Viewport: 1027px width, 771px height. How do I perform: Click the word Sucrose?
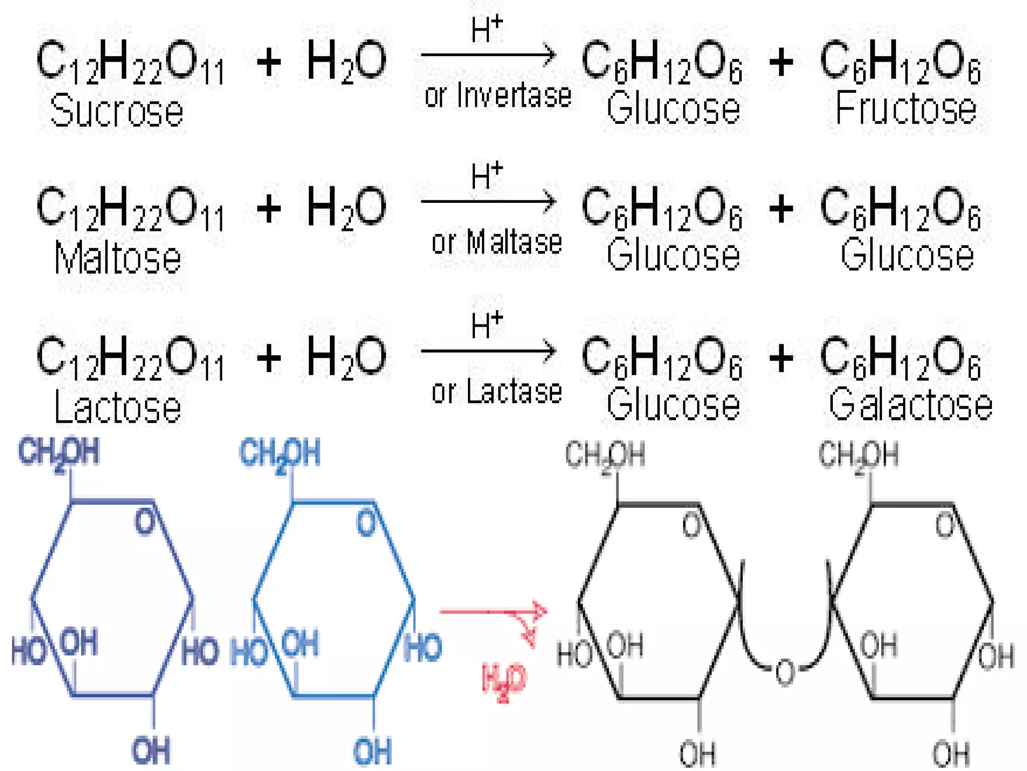[117, 110]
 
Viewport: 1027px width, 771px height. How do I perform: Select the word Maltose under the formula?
[117, 257]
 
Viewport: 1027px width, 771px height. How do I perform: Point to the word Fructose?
[906, 107]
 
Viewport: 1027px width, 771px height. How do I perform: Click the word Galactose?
[910, 404]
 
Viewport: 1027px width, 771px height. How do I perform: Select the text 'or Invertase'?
[498, 95]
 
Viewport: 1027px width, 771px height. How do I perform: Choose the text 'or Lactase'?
[497, 391]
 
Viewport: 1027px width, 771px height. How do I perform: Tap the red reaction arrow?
[493, 612]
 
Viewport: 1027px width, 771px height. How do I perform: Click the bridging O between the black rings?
[785, 672]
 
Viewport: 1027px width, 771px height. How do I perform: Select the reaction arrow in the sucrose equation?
[488, 54]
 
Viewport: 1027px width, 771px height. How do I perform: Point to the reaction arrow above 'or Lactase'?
[488, 350]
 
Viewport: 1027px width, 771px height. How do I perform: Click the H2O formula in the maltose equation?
[347, 207]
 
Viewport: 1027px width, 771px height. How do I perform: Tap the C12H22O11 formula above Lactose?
[130, 357]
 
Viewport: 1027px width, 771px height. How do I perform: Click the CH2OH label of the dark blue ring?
[59, 453]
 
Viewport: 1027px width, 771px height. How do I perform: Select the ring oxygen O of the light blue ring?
[366, 523]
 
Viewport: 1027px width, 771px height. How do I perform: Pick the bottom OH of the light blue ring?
[373, 751]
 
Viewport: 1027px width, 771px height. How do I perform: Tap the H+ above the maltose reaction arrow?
[486, 175]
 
